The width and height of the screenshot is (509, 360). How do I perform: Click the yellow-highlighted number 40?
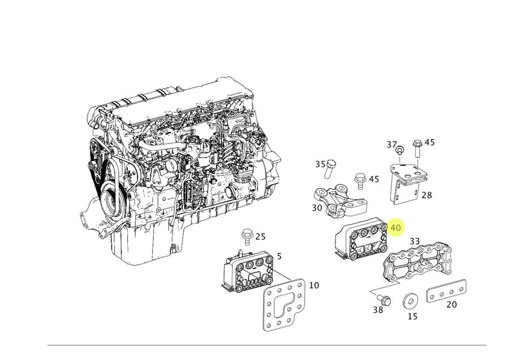tap(395, 228)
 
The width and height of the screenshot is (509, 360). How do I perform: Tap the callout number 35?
tap(320, 164)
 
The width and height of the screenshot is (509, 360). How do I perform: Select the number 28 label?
tap(426, 195)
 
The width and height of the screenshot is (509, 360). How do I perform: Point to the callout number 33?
tap(415, 241)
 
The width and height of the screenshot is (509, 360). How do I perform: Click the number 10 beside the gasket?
tap(313, 285)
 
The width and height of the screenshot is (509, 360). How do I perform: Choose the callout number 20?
tap(451, 305)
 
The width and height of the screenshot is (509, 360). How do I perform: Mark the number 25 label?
tap(260, 236)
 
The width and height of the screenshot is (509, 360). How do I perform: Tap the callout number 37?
tap(391, 145)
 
